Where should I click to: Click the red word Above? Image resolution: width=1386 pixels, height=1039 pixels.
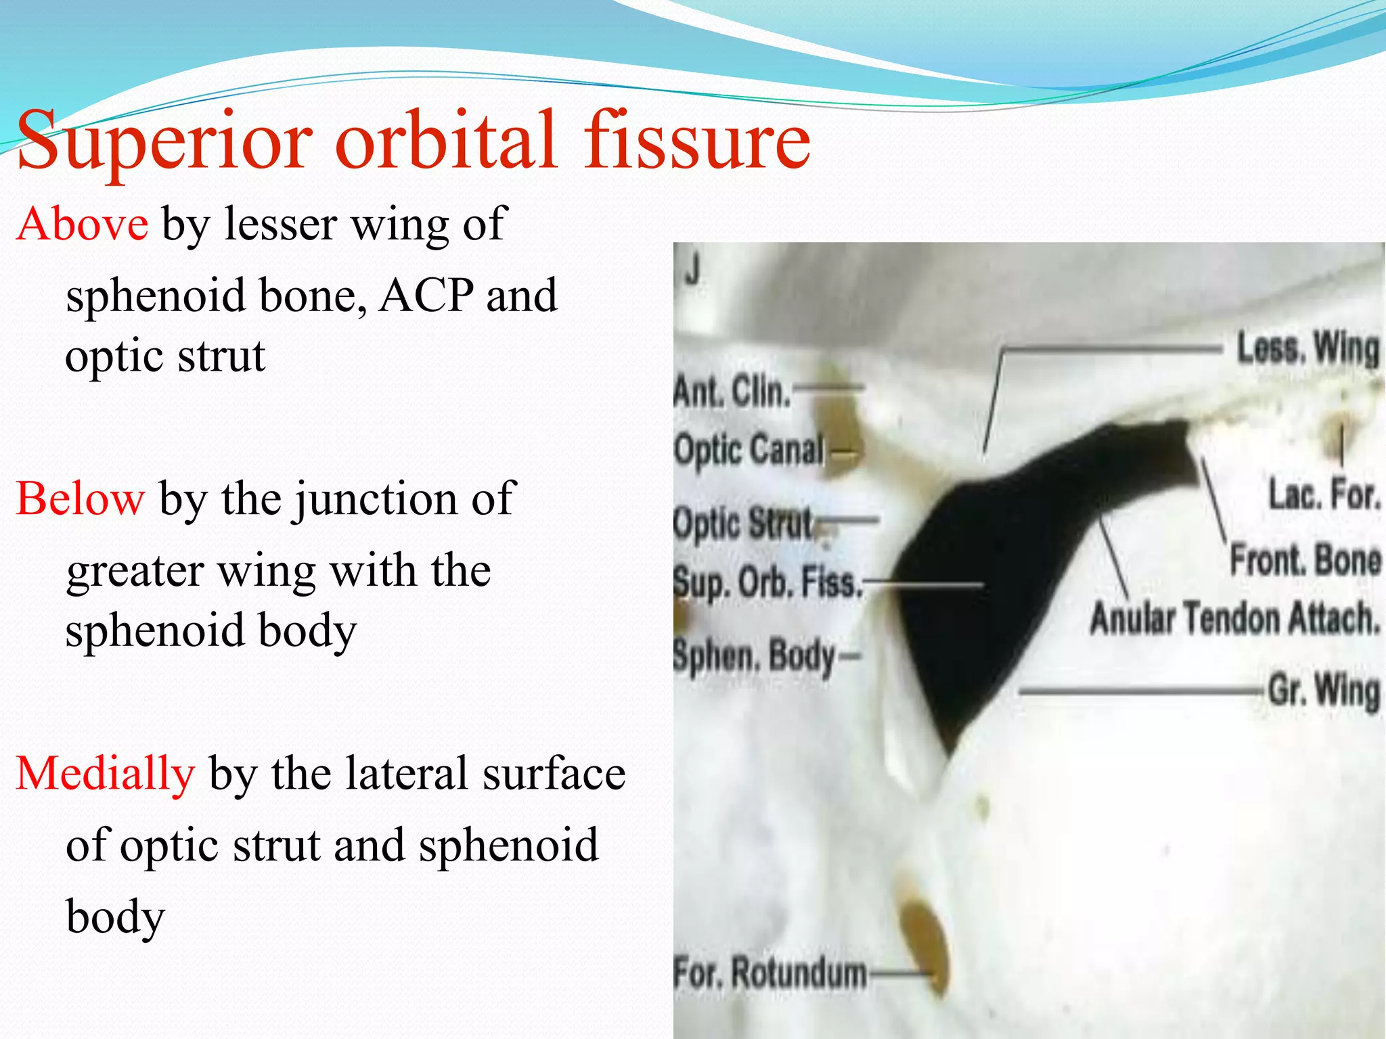click(x=83, y=225)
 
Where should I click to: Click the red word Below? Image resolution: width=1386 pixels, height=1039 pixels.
click(x=80, y=499)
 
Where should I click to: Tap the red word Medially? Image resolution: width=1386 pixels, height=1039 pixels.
click(x=106, y=773)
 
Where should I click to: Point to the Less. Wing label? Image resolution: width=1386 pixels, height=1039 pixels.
click(x=1307, y=349)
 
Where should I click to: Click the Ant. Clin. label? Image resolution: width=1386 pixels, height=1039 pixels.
click(x=732, y=391)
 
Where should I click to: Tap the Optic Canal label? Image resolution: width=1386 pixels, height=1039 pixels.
click(x=749, y=449)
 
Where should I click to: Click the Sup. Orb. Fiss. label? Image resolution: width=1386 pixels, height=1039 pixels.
click(x=767, y=582)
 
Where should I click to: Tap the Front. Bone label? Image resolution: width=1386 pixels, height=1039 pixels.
click(x=1305, y=559)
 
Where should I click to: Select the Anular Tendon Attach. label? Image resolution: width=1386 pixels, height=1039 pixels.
click(x=1234, y=618)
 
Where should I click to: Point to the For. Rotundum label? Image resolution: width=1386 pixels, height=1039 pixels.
click(x=770, y=973)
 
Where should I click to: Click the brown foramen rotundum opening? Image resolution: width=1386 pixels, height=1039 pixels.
click(x=924, y=944)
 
